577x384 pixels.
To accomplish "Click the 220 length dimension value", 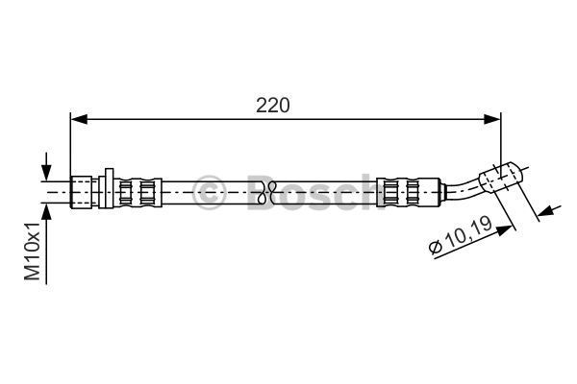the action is pos(273,106).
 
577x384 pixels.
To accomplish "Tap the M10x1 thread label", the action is pos(33,252).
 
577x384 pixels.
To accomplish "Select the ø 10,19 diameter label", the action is pos(462,235).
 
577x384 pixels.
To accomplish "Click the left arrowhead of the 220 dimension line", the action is pos(79,119).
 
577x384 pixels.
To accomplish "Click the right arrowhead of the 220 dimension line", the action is pos(492,119).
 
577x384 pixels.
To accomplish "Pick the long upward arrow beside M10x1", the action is pos(46,244).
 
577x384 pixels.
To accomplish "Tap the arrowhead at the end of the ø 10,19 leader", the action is pos(504,230).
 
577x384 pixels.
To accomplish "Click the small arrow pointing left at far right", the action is pos(549,210).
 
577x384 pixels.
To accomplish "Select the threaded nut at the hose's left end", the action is pos(81,193).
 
